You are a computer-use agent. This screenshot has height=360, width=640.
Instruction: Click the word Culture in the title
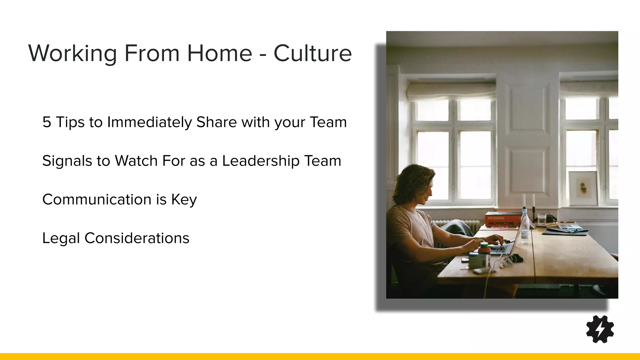click(x=312, y=53)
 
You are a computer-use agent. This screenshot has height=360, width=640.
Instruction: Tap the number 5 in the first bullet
click(x=47, y=122)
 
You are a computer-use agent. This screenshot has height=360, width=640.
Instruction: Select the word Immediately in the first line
click(x=149, y=122)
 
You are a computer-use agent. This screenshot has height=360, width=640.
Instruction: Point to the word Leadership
click(x=261, y=161)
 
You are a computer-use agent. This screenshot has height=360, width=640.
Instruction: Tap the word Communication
click(x=97, y=199)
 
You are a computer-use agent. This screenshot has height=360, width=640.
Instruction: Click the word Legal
click(x=61, y=238)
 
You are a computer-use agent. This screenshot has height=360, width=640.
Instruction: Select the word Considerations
click(x=137, y=238)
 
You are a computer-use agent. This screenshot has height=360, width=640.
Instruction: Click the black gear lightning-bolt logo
click(x=600, y=329)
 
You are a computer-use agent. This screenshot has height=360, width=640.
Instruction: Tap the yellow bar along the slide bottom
click(x=320, y=356)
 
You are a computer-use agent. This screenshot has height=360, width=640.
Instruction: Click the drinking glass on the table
click(x=542, y=219)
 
